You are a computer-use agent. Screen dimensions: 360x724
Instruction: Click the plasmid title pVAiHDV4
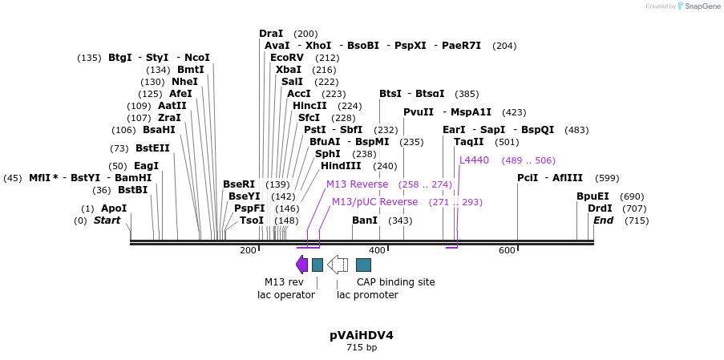[x=361, y=335]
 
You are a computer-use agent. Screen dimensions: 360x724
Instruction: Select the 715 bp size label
[x=361, y=348]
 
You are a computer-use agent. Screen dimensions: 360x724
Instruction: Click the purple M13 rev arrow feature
[x=301, y=265]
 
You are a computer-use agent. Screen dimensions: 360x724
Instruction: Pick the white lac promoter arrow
[x=338, y=265]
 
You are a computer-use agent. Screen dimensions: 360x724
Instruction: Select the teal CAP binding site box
[x=363, y=265]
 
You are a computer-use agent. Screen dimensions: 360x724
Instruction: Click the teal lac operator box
[x=318, y=265]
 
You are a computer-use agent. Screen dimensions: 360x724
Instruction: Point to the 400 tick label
[x=377, y=251]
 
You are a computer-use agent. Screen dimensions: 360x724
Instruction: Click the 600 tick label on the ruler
[x=507, y=251]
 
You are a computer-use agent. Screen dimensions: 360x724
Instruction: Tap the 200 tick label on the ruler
[x=248, y=251]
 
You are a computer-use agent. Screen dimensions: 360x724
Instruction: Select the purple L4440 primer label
[x=474, y=160]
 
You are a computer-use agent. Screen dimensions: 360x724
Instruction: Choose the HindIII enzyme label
[x=341, y=166]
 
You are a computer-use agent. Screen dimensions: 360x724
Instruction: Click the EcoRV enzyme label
[x=287, y=58]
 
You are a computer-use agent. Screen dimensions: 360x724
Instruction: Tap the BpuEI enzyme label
[x=593, y=196]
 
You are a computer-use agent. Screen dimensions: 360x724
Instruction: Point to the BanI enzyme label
[x=365, y=220]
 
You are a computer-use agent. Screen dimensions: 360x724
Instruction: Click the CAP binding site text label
[x=395, y=282]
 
